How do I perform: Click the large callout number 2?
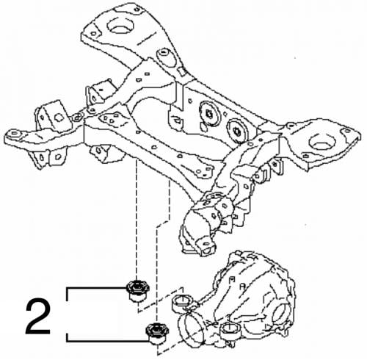[38, 317]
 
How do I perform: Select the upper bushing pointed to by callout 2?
[137, 290]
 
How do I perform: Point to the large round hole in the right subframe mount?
[322, 142]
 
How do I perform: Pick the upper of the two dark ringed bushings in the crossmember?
[210, 114]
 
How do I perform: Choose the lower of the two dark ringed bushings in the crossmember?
[237, 132]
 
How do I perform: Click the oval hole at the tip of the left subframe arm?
[15, 134]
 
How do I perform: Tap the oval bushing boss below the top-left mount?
[164, 57]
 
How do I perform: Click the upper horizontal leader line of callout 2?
[96, 288]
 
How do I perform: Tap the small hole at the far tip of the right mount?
[347, 131]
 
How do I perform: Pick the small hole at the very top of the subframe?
[137, 10]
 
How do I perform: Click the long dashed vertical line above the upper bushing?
[137, 219]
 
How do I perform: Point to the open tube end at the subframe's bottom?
[206, 248]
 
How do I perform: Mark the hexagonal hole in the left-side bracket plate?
[58, 118]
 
